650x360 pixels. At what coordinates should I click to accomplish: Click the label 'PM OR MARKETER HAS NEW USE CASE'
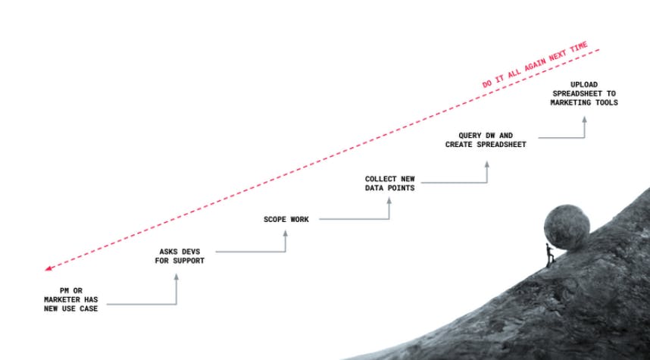click(x=71, y=299)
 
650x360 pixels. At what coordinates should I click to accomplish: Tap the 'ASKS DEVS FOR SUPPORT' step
click(x=180, y=256)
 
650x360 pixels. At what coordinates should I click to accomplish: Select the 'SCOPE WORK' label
click(x=286, y=219)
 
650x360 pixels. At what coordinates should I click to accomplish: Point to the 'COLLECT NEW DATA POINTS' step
click(x=389, y=183)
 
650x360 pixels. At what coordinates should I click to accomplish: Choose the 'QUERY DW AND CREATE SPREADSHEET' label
click(x=486, y=139)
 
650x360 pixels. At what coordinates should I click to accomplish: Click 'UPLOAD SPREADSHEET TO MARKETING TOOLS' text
click(x=584, y=94)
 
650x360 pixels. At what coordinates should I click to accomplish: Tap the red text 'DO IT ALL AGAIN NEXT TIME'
click(x=535, y=64)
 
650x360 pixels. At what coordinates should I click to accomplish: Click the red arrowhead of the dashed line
click(x=48, y=268)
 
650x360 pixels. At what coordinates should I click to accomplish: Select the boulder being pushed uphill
click(x=567, y=227)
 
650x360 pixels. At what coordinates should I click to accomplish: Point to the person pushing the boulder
click(x=550, y=255)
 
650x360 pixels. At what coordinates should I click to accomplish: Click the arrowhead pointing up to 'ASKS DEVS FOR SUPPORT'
click(x=177, y=277)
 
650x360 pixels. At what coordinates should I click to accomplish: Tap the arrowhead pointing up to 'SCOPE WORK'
click(x=285, y=233)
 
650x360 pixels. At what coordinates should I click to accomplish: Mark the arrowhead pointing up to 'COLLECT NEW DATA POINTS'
click(x=389, y=200)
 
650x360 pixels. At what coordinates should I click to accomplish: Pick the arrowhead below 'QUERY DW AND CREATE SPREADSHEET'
click(x=486, y=164)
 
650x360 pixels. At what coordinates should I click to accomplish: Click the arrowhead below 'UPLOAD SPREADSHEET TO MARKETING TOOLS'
click(x=584, y=120)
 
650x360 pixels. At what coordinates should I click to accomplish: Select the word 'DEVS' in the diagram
click(x=191, y=252)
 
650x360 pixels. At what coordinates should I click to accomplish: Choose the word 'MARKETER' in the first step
click(x=62, y=299)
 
